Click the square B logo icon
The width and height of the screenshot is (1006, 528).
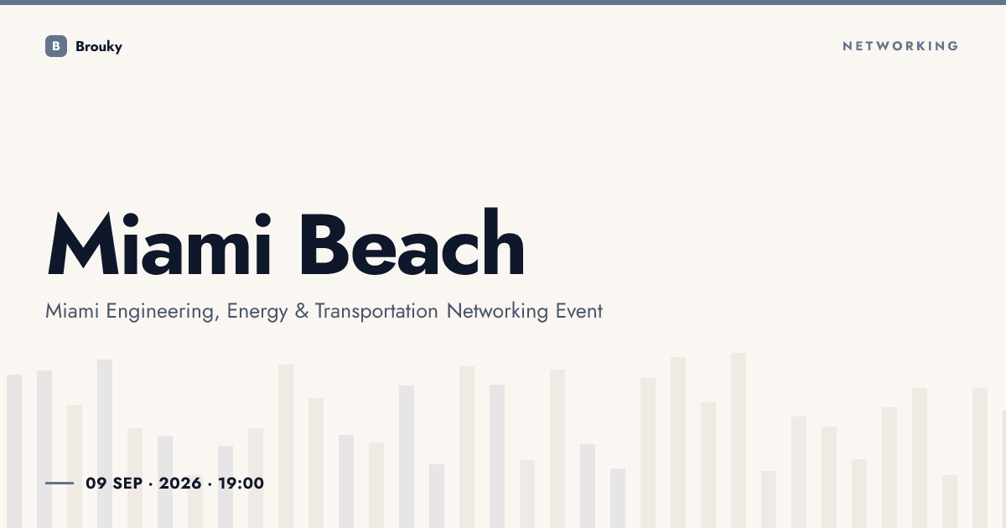click(56, 46)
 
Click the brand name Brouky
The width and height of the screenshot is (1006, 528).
click(99, 47)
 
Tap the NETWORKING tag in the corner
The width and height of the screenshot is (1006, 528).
click(900, 46)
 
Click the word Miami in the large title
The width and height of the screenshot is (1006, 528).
click(159, 243)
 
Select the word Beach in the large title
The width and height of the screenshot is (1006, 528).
click(412, 241)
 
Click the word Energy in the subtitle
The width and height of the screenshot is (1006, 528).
click(257, 312)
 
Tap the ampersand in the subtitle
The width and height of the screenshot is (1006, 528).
click(302, 311)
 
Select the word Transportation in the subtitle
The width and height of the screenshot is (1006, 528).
click(376, 311)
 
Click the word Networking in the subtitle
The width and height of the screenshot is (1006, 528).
click(497, 311)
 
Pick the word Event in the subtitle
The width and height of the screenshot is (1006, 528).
click(579, 311)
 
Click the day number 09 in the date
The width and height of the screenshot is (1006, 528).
click(96, 483)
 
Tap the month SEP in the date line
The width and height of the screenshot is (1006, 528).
click(127, 483)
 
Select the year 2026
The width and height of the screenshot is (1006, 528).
click(180, 483)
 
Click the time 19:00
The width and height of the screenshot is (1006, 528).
click(241, 483)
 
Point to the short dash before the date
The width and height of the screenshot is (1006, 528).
click(60, 483)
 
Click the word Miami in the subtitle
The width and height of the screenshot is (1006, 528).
click(72, 311)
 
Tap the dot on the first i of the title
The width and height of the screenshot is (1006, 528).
click(131, 220)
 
